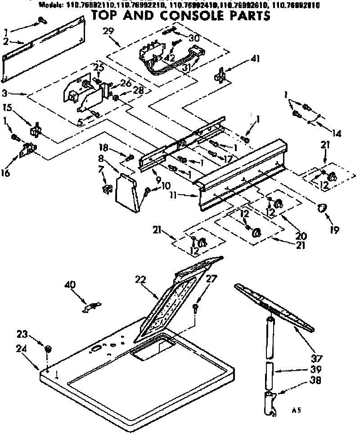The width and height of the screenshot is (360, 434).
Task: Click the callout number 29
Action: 108,31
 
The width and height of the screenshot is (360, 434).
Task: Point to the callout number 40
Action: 70,285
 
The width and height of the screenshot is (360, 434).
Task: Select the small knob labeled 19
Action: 321,208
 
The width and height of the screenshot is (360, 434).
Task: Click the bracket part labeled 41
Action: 221,75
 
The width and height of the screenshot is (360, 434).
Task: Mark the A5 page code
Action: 295,410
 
